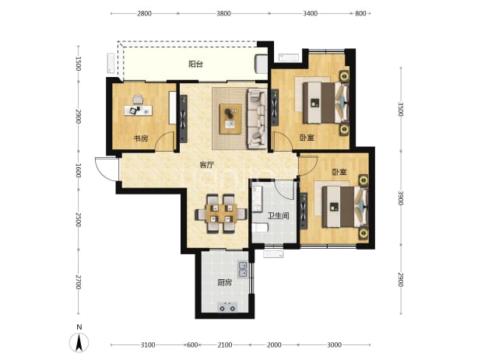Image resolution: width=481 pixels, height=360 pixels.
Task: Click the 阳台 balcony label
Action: tap(195, 65)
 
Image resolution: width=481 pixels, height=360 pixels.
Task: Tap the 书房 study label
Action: tap(141, 138)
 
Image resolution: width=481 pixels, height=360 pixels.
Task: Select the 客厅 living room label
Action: tap(206, 165)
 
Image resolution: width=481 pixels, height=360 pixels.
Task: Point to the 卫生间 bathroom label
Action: tap(278, 215)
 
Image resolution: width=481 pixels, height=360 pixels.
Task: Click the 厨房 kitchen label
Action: tap(225, 282)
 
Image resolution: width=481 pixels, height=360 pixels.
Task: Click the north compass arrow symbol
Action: tap(79, 343)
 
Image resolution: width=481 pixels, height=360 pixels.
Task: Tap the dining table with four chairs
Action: tap(221, 213)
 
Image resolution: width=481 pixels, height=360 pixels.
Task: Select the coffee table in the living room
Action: tap(230, 118)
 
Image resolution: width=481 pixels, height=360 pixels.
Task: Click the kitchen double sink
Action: tap(243, 269)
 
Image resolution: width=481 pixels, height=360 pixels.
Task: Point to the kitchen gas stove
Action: tap(227, 307)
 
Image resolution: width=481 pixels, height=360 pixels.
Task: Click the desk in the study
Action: tap(139, 110)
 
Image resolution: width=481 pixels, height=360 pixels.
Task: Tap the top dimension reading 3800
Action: tap(223, 13)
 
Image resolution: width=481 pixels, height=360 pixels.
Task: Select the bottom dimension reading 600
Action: tap(192, 345)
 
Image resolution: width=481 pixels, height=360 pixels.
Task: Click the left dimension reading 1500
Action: tap(79, 64)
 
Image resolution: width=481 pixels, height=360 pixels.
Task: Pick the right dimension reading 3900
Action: tap(401, 198)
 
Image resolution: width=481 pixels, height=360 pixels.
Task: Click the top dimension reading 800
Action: tap(361, 13)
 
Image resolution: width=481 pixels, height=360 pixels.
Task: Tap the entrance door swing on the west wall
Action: tap(107, 169)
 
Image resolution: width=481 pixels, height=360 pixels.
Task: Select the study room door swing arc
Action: tap(165, 141)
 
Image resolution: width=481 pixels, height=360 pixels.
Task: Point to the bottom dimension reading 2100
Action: tap(225, 345)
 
